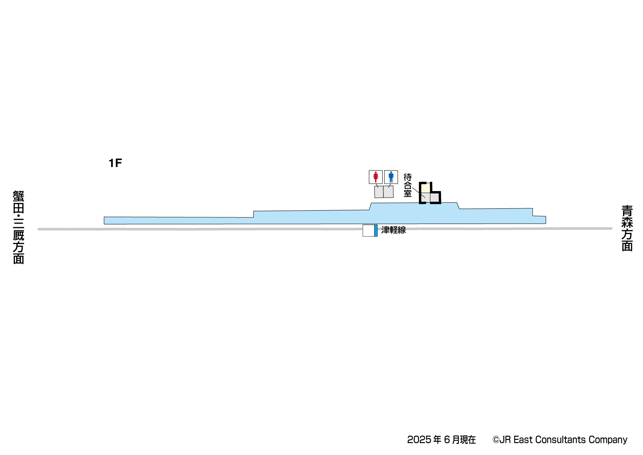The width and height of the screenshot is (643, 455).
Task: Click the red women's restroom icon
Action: (376, 177)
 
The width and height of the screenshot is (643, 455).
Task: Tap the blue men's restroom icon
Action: (391, 177)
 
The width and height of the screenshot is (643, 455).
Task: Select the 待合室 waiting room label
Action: (408, 185)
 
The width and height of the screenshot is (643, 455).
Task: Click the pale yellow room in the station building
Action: (426, 188)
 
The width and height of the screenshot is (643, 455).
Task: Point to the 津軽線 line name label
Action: (394, 230)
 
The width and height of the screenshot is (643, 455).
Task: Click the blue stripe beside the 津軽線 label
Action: (376, 231)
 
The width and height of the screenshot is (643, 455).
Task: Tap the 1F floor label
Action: (115, 163)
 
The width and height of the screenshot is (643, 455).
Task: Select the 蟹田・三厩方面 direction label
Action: (18, 227)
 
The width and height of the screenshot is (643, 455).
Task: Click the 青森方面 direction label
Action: (627, 228)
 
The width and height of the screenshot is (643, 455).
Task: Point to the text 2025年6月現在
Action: (441, 440)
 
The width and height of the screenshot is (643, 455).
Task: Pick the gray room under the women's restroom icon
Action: (379, 192)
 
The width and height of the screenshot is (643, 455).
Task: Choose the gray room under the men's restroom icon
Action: (388, 192)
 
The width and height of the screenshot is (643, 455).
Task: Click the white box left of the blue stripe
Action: (368, 231)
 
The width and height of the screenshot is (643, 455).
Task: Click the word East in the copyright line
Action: (523, 440)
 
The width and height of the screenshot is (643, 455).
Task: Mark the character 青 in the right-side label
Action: (627, 211)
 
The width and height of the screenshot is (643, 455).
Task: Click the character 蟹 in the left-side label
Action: (18, 196)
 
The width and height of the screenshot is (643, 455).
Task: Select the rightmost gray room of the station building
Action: (435, 198)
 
